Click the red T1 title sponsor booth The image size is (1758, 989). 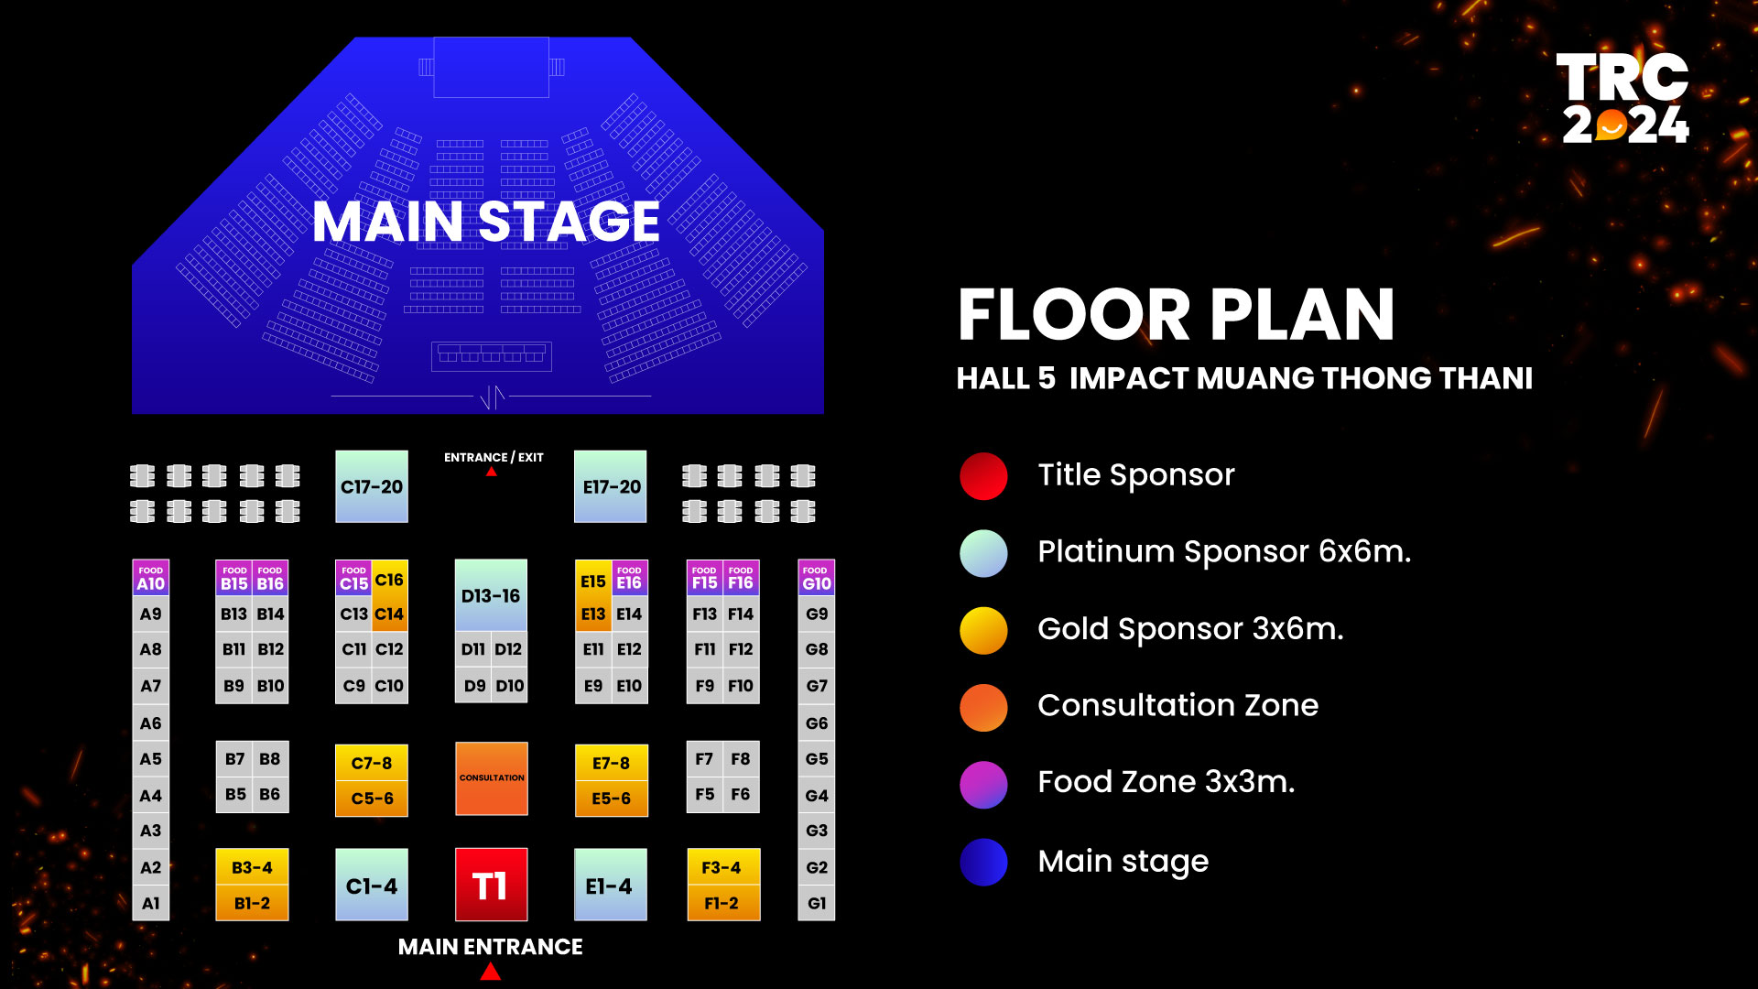[491, 885]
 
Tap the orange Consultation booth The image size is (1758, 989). [491, 778]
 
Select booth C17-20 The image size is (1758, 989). [372, 486]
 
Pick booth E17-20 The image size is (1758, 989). [611, 486]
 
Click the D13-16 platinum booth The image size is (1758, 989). [491, 595]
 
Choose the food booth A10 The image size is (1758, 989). [151, 578]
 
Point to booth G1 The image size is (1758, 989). [817, 903]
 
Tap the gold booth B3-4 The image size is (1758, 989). [252, 866]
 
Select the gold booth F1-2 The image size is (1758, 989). [723, 903]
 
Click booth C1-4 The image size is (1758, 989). [372, 885]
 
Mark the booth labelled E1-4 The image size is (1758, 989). [611, 885]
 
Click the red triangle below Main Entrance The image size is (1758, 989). [491, 972]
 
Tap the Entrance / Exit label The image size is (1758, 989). [494, 457]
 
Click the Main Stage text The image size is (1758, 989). [486, 222]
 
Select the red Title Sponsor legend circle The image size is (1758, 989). [983, 476]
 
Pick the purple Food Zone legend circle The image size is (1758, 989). [983, 785]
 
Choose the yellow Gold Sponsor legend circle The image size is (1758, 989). [983, 631]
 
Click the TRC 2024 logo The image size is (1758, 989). [1623, 98]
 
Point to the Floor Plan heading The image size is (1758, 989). [1177, 314]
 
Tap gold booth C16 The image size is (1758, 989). [390, 579]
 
